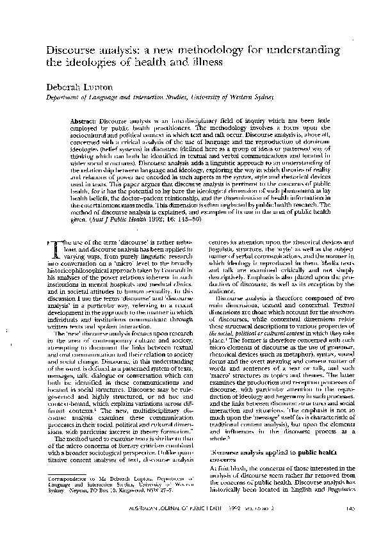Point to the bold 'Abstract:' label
pos(85,121)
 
